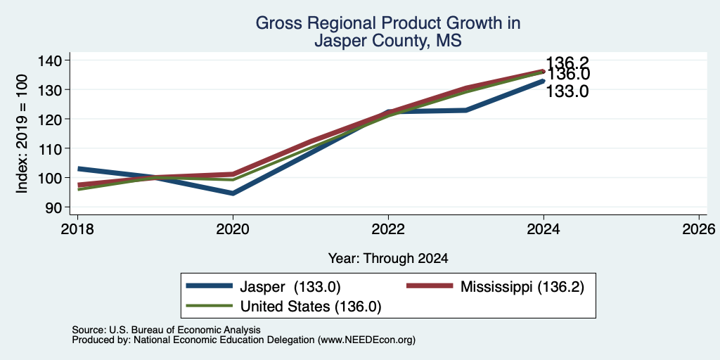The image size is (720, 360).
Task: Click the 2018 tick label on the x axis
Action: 77,229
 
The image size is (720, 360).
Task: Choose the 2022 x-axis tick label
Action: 388,229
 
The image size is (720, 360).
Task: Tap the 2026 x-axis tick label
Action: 699,229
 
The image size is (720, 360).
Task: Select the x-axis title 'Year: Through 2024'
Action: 388,258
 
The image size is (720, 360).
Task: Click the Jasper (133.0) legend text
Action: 290,287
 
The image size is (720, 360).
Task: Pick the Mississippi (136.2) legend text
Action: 522,287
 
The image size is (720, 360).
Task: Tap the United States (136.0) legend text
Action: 310,306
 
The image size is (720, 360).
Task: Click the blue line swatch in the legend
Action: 209,286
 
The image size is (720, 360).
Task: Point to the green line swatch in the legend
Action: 209,306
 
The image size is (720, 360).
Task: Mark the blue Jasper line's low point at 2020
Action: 233,193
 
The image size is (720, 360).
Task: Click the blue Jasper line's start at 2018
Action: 79,169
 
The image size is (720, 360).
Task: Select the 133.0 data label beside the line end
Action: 567,91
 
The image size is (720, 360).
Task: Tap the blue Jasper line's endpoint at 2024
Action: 543,81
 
